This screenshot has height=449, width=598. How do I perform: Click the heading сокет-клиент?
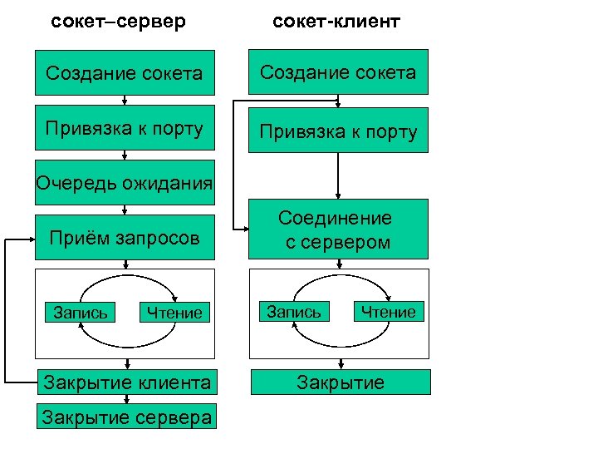[x=336, y=20]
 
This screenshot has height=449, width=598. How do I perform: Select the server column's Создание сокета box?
[x=125, y=73]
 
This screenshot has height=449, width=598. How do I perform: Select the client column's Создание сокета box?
[x=337, y=72]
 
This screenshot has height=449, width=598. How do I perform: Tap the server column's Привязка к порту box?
[x=125, y=129]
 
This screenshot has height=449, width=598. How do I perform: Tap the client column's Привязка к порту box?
[x=337, y=131]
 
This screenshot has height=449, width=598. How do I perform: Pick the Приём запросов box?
[x=125, y=239]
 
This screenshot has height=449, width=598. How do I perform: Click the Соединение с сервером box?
[x=337, y=229]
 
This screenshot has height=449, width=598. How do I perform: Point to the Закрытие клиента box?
[x=126, y=382]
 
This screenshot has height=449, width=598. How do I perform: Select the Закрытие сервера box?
[x=126, y=417]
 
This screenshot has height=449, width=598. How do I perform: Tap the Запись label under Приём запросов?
[x=80, y=313]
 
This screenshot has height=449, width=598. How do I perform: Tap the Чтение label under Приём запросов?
[x=174, y=313]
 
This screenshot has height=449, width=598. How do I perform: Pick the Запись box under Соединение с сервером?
[x=293, y=311]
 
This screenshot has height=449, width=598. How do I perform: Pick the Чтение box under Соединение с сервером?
[x=388, y=311]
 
